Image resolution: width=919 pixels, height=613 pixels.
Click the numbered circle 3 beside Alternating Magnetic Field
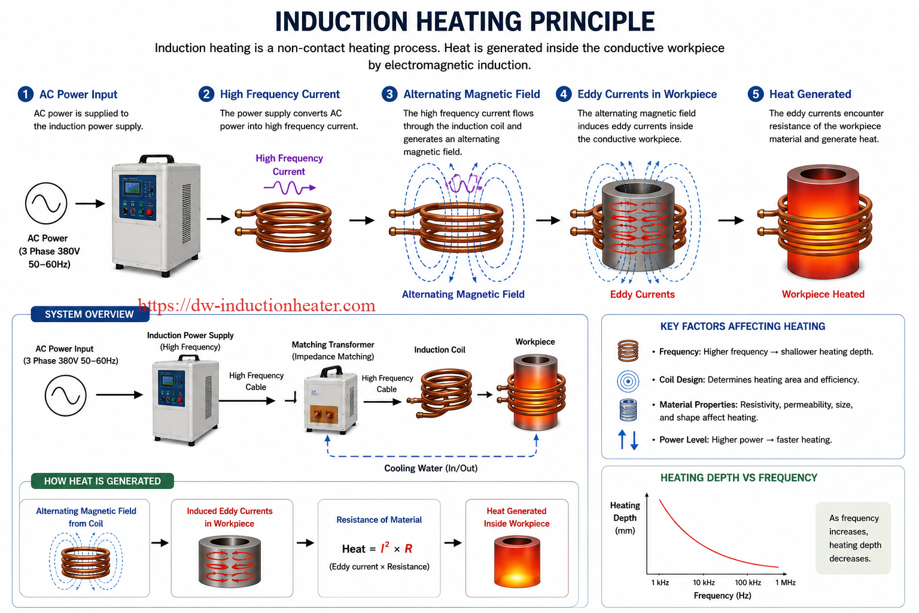point(389,95)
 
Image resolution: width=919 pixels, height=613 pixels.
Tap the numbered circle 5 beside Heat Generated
point(755,95)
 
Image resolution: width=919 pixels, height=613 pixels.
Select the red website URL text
point(257,306)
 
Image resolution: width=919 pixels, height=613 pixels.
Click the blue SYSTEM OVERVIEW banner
point(90,314)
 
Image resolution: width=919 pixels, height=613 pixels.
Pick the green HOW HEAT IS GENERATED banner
point(102,481)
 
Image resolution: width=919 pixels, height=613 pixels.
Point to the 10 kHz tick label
point(704,582)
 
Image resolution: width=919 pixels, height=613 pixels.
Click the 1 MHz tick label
point(785,582)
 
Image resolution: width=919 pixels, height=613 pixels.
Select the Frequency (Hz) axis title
point(722,596)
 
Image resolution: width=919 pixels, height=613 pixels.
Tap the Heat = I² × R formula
point(377,548)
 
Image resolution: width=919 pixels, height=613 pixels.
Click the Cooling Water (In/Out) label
point(431,469)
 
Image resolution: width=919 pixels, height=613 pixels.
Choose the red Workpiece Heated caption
point(823,295)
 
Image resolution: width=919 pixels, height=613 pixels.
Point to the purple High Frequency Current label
point(289,165)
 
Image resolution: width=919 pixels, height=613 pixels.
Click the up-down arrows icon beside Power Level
point(628,440)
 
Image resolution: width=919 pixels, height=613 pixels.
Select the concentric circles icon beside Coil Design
point(628,381)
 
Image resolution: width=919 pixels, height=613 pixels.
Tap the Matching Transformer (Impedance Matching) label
point(333,351)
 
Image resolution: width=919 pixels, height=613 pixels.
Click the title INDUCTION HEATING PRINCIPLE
point(464,22)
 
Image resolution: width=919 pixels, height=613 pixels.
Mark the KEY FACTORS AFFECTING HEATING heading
point(742,326)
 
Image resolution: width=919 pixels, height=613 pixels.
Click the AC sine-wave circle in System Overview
point(66,395)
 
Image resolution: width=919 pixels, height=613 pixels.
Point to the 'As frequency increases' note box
point(853,538)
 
